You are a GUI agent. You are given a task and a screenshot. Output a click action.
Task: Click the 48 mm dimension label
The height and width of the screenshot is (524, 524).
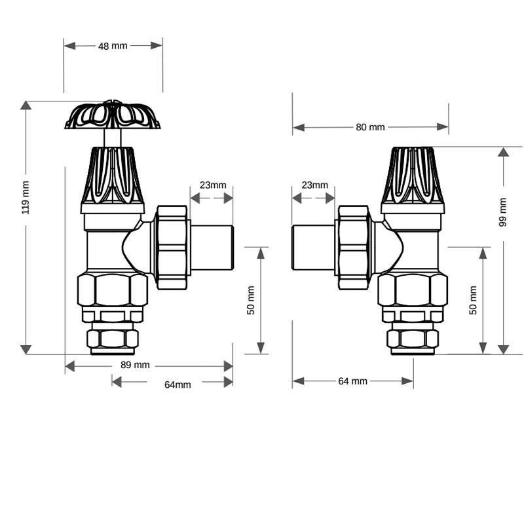(113, 46)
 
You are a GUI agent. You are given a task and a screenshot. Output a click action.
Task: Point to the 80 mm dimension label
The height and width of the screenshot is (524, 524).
(370, 127)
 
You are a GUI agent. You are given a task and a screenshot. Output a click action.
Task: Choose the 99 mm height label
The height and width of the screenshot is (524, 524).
(503, 212)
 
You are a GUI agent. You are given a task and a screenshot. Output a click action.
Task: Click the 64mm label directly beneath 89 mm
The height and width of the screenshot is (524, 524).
(178, 384)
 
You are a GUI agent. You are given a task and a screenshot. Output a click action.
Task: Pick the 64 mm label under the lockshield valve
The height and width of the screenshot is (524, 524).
(352, 381)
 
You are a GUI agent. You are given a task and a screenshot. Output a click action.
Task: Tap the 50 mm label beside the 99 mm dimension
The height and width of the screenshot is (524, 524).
(473, 301)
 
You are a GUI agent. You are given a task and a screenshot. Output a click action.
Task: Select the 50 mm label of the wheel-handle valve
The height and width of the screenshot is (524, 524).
(250, 301)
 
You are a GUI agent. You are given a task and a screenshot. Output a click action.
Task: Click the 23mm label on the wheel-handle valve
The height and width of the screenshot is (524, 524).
(213, 185)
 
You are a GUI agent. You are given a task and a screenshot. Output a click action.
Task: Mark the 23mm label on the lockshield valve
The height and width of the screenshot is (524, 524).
(314, 185)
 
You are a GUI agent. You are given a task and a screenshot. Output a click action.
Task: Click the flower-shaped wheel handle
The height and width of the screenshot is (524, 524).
(113, 116)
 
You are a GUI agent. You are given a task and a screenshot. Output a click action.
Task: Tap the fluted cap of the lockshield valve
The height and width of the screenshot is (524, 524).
(413, 176)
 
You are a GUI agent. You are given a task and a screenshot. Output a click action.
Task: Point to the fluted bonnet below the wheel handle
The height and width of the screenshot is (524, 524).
(112, 176)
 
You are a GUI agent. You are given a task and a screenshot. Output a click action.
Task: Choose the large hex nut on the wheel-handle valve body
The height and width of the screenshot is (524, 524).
(112, 290)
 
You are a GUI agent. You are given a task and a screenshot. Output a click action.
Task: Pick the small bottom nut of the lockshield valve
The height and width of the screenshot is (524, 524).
(413, 339)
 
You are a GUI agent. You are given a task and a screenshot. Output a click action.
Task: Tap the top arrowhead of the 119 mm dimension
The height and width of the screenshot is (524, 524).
(26, 105)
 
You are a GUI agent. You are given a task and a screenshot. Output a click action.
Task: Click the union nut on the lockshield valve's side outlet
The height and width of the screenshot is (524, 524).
(354, 248)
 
